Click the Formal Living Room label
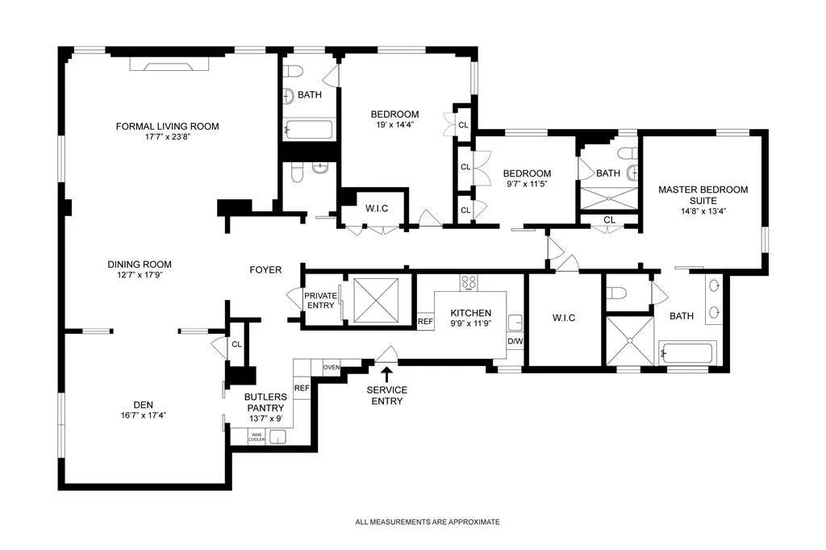point(167,126)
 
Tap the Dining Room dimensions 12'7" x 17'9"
point(140,275)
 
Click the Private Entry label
point(320,301)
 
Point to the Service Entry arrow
point(387,373)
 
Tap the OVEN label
point(332,367)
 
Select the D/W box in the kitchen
point(515,342)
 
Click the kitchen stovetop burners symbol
point(469,281)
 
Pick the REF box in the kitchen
point(425,321)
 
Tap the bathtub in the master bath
point(686,353)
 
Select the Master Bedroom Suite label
point(703,195)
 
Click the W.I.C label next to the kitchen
point(564,318)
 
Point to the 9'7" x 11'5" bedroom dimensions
point(527,184)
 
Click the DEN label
point(143,404)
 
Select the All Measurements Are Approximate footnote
point(428,522)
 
